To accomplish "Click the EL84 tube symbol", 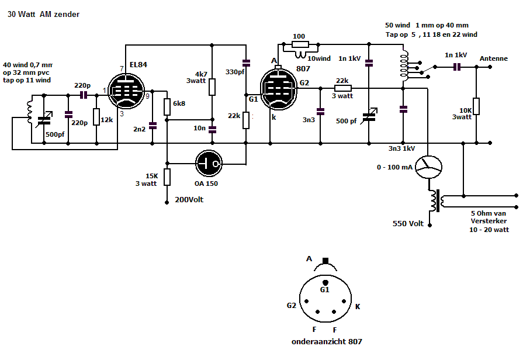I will coord(128,92).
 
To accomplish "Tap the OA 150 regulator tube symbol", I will coord(209,162).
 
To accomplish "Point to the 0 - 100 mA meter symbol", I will coord(431,168).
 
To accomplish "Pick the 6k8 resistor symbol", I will coord(167,106).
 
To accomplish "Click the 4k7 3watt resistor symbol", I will coord(212,87).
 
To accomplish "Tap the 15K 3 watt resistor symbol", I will coord(167,176).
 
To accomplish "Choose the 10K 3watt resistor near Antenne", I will coord(476,106).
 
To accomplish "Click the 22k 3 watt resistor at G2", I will coord(342,88).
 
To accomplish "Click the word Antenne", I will coord(493,59).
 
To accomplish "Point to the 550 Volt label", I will coord(408,224).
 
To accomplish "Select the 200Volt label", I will coord(190,200).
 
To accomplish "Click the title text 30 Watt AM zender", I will coord(43,15).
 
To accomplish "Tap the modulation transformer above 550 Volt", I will coord(435,201).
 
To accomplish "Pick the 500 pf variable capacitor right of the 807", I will coord(369,115).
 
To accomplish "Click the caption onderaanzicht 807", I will coord(325,341).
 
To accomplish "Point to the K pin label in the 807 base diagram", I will coord(358,306).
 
